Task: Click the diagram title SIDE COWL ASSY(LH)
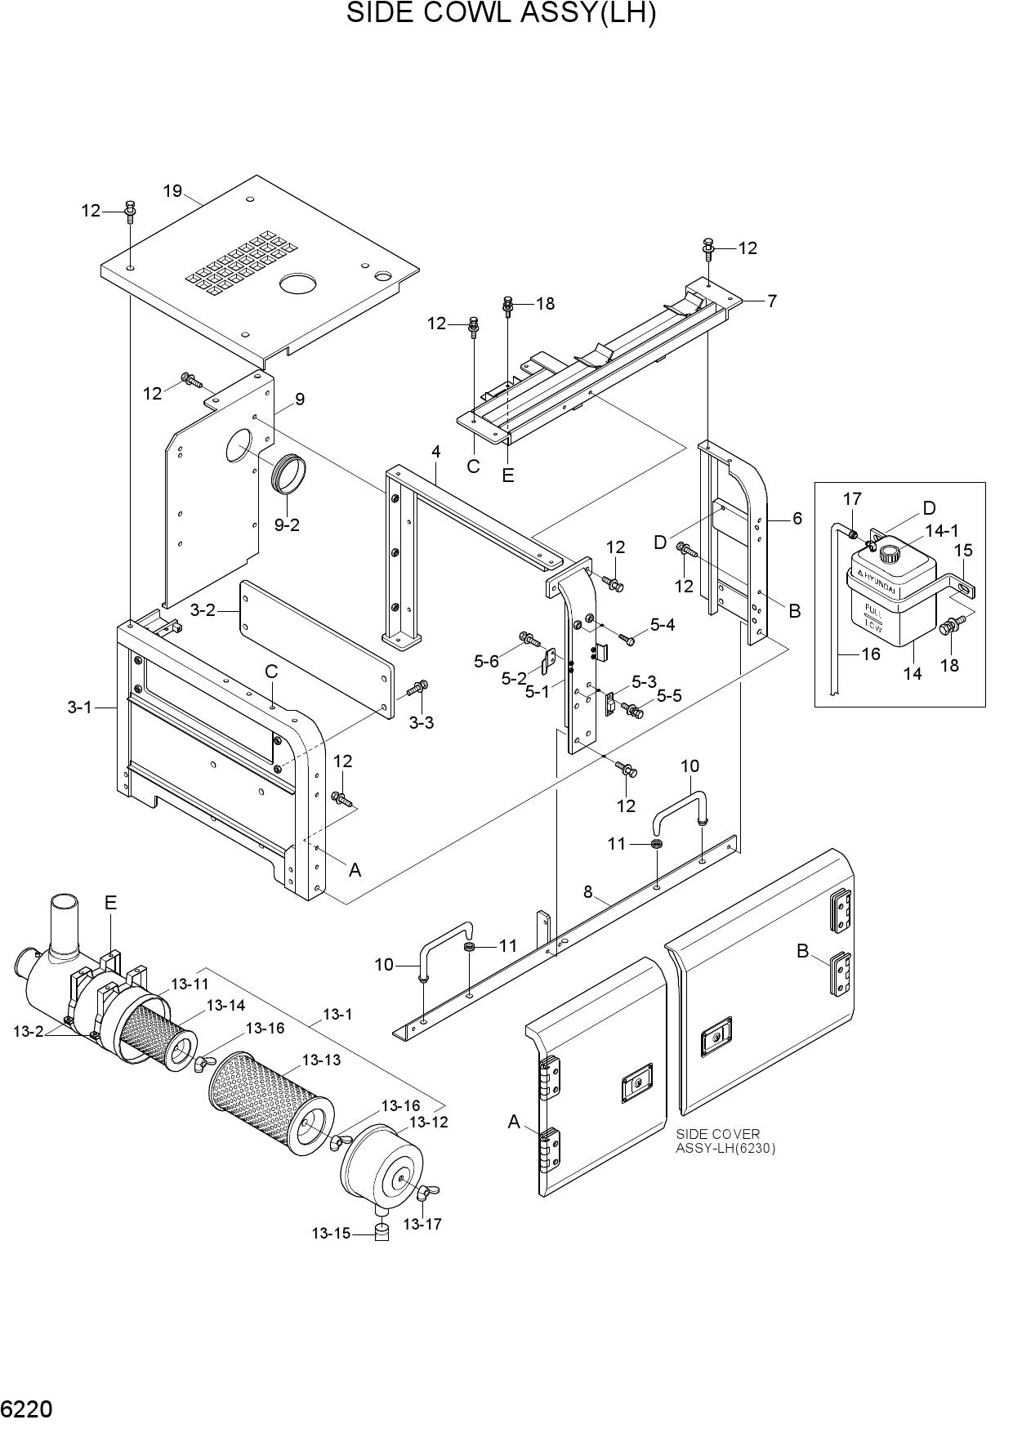click(x=501, y=14)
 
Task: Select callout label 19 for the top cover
click(x=172, y=191)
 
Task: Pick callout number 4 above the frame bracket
click(x=436, y=452)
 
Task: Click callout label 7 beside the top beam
click(x=771, y=301)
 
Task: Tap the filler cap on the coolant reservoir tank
click(x=888, y=554)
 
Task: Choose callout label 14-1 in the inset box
click(x=941, y=531)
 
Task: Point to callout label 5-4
click(x=663, y=625)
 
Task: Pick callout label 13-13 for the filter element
click(x=321, y=1060)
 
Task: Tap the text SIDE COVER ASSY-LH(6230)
click(x=725, y=1141)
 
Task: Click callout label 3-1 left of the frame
click(x=80, y=708)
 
